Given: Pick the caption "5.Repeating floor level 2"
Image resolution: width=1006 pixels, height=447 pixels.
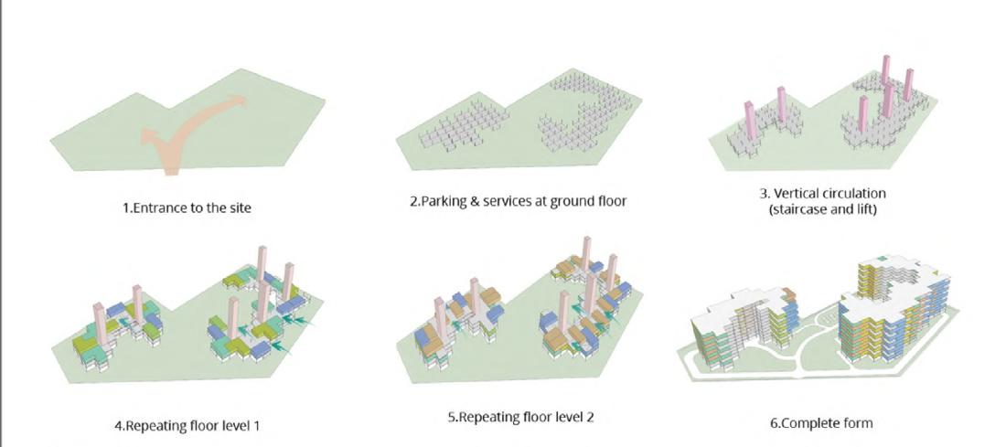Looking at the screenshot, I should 526,418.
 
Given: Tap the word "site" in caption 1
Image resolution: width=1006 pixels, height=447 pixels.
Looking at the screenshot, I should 237,208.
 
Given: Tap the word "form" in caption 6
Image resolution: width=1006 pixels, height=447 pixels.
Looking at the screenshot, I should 856,423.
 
